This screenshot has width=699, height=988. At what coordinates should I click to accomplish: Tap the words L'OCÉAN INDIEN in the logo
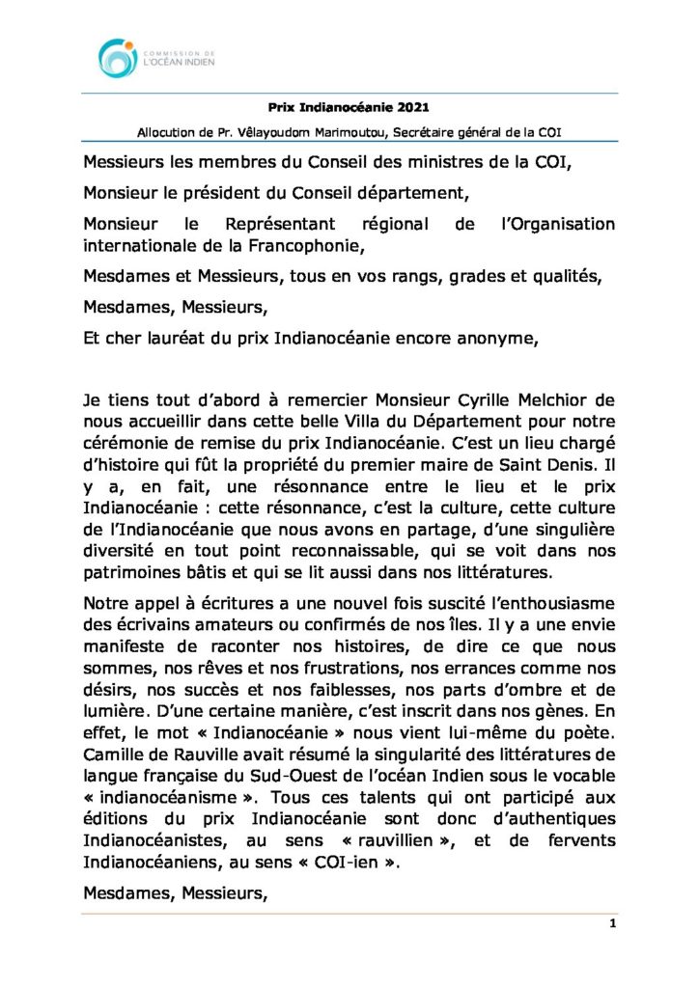click(x=179, y=62)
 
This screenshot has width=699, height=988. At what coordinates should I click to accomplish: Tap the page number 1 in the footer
click(x=612, y=923)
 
